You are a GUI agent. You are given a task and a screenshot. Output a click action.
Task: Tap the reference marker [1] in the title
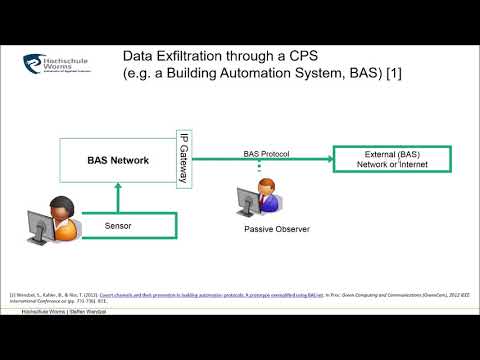[392, 74]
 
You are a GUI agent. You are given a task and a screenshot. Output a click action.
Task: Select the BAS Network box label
[117, 160]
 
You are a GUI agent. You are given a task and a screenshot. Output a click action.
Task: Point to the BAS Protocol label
[265, 153]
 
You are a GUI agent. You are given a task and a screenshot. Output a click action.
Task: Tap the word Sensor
[118, 227]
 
